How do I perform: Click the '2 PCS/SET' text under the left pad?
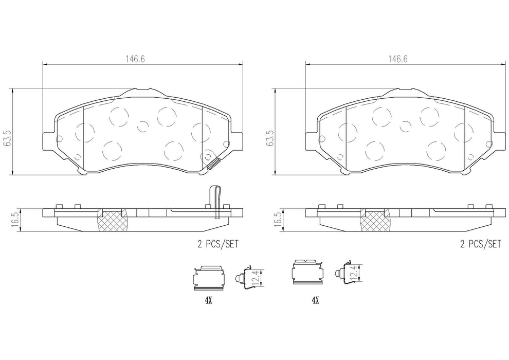pos(218,244)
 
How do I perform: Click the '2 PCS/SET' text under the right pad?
pos(481,244)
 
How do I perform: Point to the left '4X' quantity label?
pos(208,301)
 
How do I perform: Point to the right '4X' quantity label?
pos(315,301)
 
